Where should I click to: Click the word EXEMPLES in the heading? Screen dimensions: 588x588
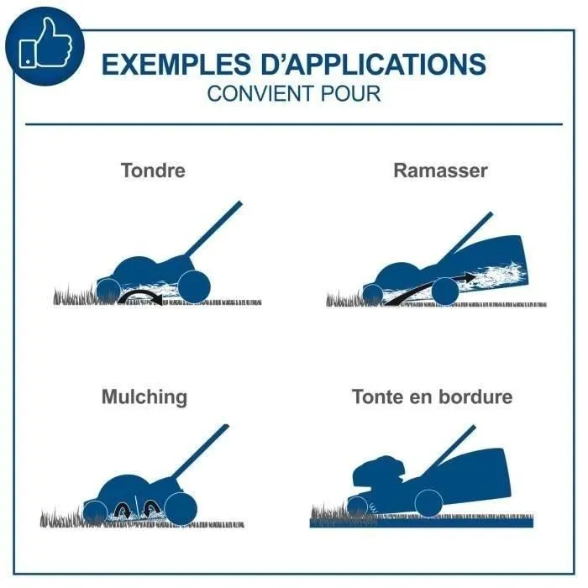[176, 64]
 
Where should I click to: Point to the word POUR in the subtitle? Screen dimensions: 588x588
[350, 93]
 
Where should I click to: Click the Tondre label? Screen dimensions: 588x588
[153, 171]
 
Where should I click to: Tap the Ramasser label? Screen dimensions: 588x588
[440, 171]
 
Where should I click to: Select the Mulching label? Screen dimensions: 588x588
[144, 397]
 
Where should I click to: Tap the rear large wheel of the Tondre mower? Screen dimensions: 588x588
[194, 287]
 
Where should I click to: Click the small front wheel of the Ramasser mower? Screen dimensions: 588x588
[373, 294]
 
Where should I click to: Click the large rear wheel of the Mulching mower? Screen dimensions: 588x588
[181, 509]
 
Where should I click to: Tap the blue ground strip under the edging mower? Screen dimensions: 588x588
[421, 522]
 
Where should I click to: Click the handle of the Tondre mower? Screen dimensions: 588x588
[214, 228]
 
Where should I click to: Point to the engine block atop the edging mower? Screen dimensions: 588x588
[379, 473]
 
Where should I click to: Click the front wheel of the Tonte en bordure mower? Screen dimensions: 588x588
[357, 507]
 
